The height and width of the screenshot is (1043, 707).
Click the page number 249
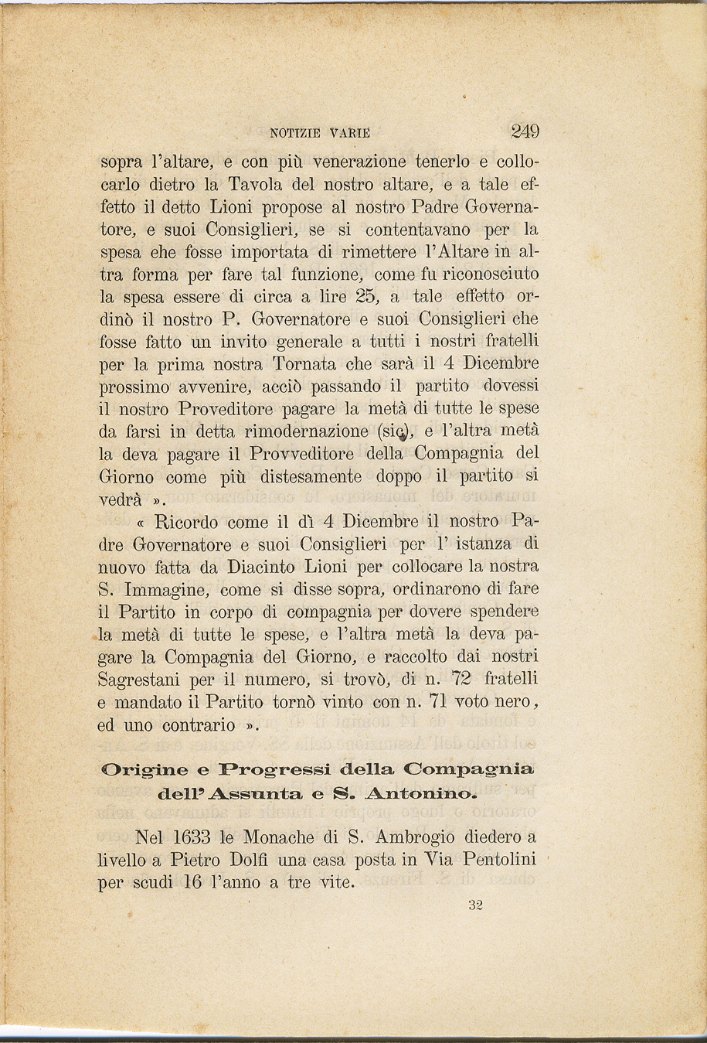point(525,131)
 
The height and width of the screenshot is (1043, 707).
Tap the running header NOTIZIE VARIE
point(320,133)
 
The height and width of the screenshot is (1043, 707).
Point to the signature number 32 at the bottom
point(475,906)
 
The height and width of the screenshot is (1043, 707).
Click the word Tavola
point(260,186)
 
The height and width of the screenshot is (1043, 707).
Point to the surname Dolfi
point(270,860)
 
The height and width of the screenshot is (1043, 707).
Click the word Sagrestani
point(144,680)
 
